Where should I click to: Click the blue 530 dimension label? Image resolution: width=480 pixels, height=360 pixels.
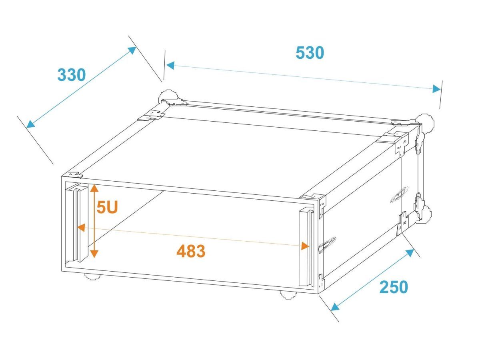click(x=310, y=53)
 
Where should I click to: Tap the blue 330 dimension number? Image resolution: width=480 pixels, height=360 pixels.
click(x=71, y=75)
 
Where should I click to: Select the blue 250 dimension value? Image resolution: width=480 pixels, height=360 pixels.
click(x=394, y=287)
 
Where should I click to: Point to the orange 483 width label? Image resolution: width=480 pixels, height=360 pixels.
click(x=191, y=251)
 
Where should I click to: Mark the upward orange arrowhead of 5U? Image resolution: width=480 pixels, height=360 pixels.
click(x=94, y=188)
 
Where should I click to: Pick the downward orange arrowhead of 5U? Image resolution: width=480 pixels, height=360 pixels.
click(x=94, y=254)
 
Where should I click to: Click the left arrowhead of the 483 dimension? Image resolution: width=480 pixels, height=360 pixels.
click(x=81, y=228)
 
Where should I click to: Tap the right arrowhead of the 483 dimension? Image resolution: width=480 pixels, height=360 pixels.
click(x=305, y=246)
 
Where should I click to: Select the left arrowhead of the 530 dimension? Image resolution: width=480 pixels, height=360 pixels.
click(x=170, y=65)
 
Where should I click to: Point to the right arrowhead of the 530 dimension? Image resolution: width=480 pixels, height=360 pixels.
click(x=436, y=89)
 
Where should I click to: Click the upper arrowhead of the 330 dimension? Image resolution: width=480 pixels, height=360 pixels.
click(x=132, y=50)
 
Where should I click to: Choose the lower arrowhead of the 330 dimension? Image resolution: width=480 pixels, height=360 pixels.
click(x=31, y=124)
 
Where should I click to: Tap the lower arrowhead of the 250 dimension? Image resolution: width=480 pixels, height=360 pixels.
click(x=335, y=307)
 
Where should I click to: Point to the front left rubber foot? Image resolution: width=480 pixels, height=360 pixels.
click(x=93, y=277)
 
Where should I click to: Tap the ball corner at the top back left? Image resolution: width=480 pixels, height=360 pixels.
click(x=168, y=96)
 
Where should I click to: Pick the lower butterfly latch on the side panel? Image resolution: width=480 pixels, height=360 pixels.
click(x=327, y=245)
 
